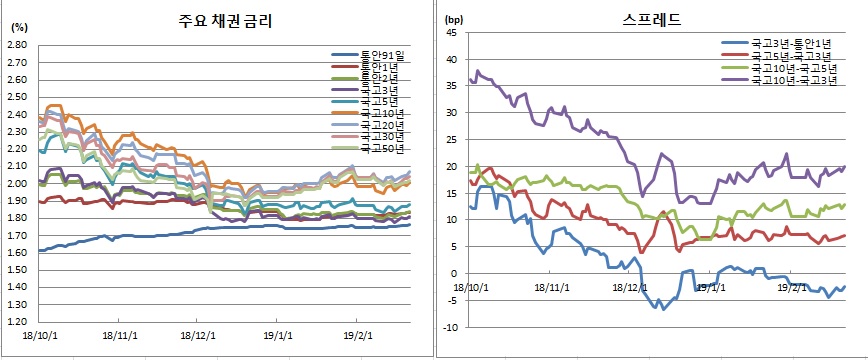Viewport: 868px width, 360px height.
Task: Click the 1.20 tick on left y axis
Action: [x=18, y=322]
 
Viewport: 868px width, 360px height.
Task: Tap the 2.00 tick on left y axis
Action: [x=18, y=184]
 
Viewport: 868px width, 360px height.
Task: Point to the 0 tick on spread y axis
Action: [x=453, y=273]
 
